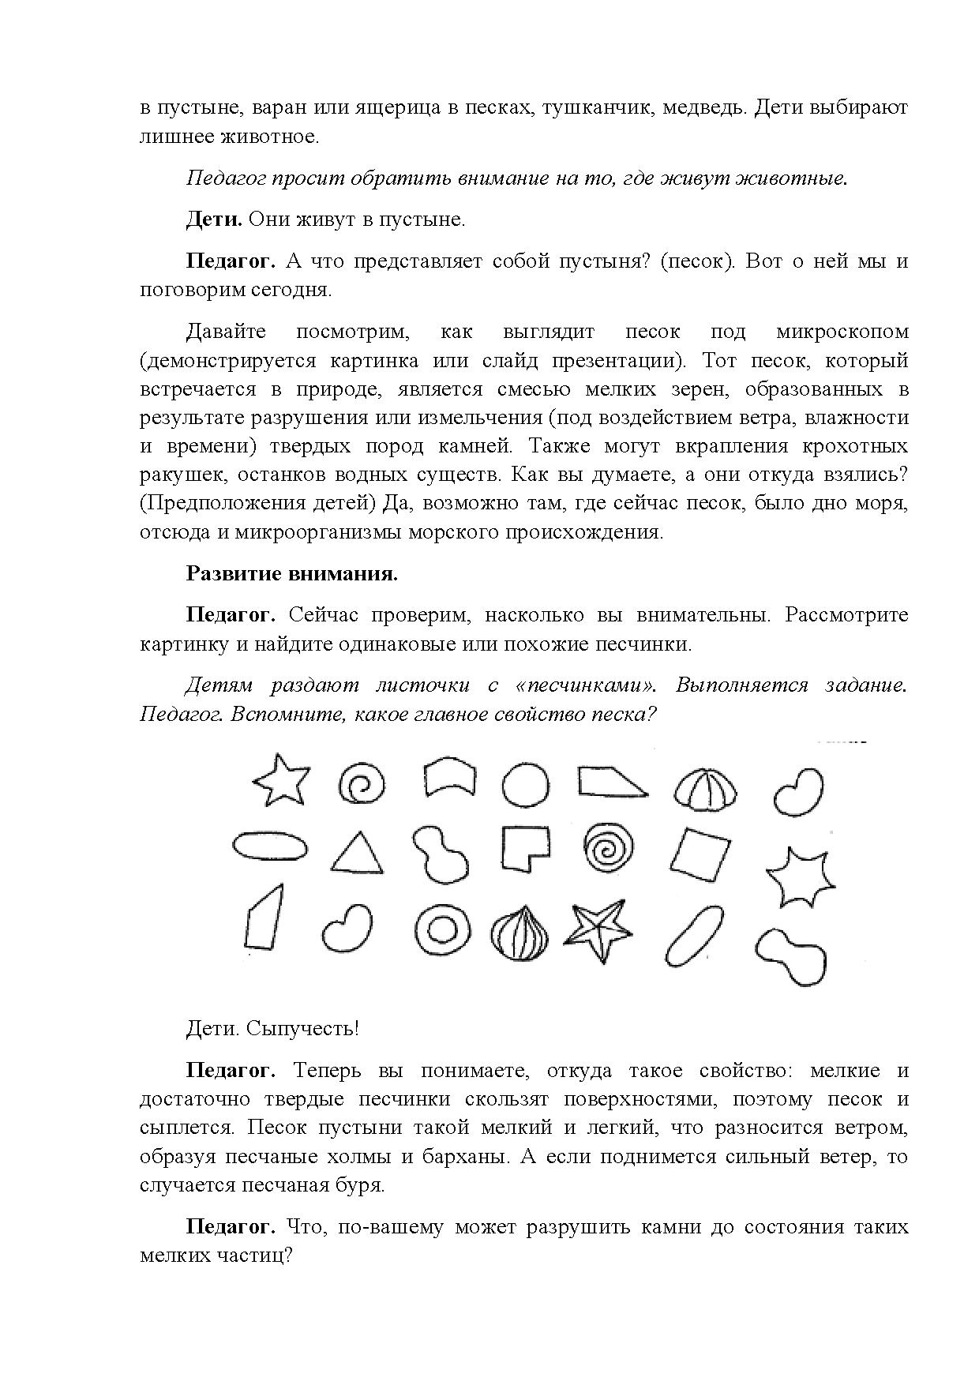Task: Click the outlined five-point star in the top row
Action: [280, 781]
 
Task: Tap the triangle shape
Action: [357, 854]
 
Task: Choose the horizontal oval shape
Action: [270, 846]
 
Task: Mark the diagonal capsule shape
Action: [694, 934]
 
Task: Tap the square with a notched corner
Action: [524, 848]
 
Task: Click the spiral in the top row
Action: [362, 786]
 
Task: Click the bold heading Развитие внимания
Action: [291, 573]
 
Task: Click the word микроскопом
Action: [842, 332]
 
